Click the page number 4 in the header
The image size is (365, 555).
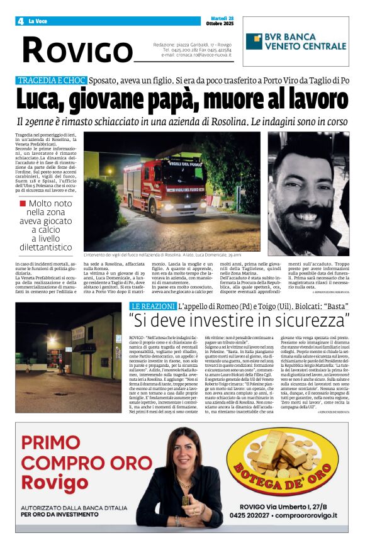click(21, 21)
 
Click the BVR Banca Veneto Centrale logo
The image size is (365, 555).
click(296, 42)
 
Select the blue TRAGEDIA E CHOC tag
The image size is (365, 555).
click(50, 81)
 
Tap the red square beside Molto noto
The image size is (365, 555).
click(23, 203)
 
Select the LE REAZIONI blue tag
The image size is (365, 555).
click(149, 305)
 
